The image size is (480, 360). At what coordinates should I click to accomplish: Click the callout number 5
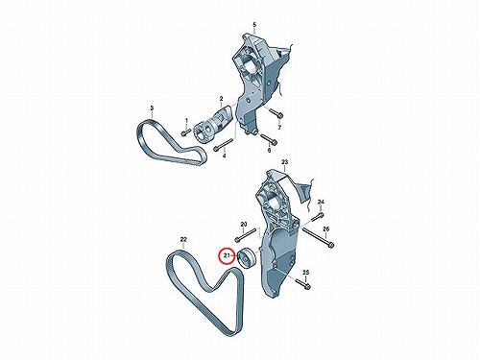pos(254,24)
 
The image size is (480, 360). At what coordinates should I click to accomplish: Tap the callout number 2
pos(221,99)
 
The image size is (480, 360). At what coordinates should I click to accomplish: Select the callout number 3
pos(152,108)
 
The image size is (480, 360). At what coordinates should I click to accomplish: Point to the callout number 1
pos(186,120)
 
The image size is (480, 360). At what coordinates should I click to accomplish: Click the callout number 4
pos(224,156)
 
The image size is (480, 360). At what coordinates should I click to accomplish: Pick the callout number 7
pos(279,128)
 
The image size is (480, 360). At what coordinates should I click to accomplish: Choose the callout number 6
pos(269,150)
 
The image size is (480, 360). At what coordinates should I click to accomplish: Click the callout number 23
pos(285,162)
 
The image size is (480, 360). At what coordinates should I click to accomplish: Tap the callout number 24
pos(321,202)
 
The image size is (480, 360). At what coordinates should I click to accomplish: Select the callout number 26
pos(325,229)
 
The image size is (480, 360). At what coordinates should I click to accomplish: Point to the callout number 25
pos(306,273)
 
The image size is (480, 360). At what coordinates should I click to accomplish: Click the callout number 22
pos(183,239)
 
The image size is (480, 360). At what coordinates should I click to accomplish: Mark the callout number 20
pos(244,224)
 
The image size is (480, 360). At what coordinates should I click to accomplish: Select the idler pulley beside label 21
pos(246,258)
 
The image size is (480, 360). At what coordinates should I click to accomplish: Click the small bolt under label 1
pos(185,132)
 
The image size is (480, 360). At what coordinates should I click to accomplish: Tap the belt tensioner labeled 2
pos(212,123)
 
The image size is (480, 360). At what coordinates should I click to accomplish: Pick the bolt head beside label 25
pos(307,286)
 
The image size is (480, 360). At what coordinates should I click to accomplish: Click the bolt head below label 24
pos(321,215)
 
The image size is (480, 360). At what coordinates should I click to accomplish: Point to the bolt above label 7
pos(276,113)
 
